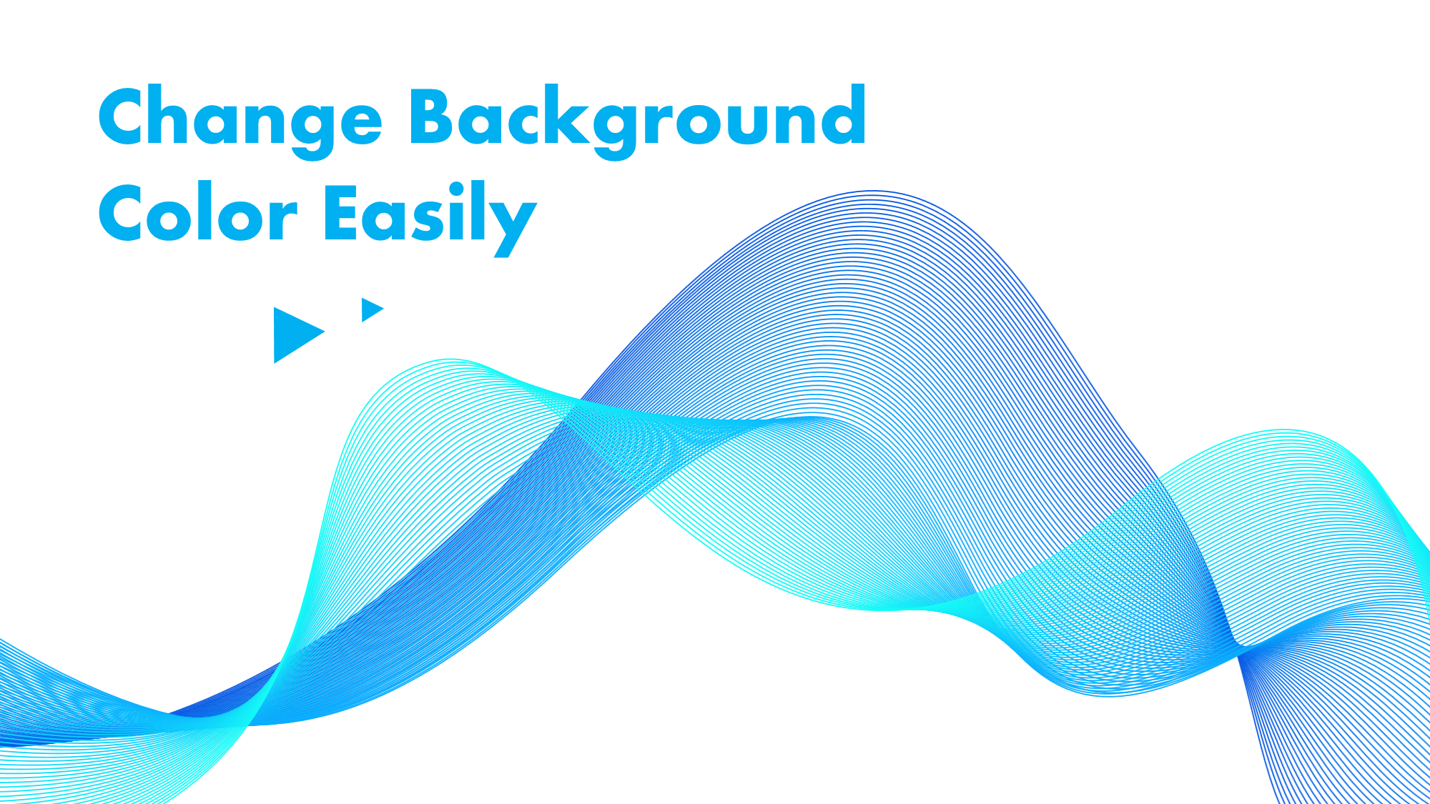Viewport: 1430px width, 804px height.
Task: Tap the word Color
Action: click(x=197, y=212)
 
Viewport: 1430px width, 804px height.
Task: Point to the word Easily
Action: click(x=430, y=218)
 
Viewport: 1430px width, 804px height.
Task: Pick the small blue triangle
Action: click(x=373, y=310)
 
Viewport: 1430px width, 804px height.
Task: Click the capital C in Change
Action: click(x=127, y=116)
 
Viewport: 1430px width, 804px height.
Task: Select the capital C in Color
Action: click(x=127, y=212)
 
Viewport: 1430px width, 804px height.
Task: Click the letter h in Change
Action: click(x=187, y=114)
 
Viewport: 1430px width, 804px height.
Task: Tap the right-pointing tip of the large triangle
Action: click(x=325, y=331)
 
